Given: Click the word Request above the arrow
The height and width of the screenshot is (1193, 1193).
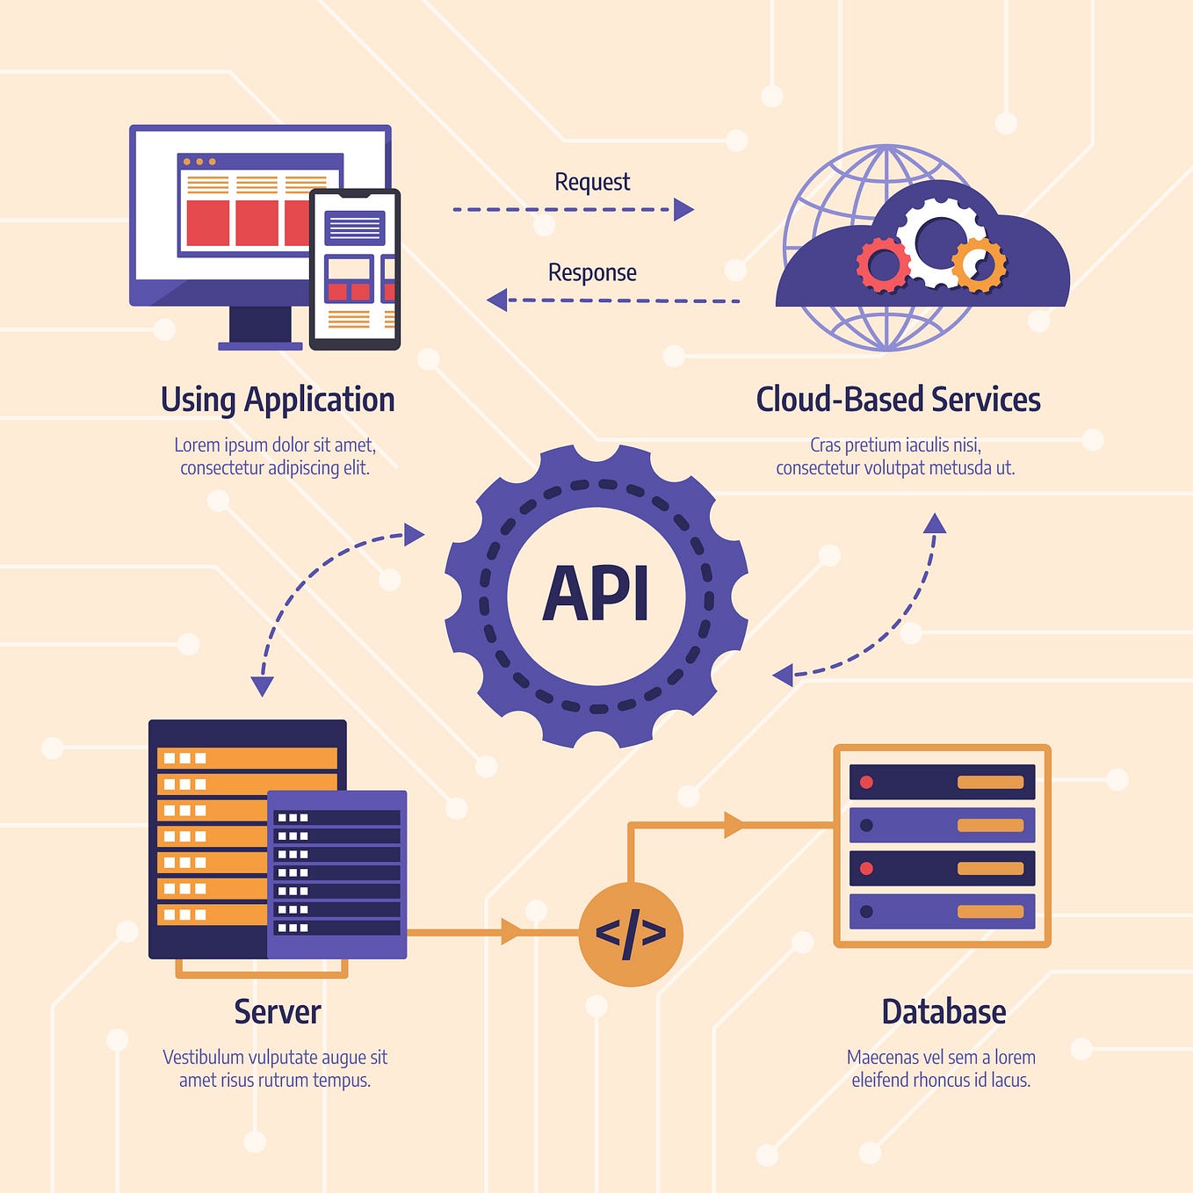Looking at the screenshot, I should pos(592,182).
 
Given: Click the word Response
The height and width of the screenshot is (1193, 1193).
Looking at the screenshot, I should pos(592,272).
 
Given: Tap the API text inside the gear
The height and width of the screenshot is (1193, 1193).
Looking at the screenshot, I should pos(596,595).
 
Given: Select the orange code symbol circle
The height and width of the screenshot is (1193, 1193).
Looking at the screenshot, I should pos(631,933).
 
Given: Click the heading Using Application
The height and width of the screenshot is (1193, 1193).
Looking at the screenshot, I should pos(278,400).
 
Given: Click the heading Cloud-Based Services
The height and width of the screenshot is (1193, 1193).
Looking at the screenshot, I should pos(898,400).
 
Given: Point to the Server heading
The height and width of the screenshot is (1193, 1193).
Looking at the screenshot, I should pos(278,1011).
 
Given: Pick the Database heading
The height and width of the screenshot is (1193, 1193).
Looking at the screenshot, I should pos(944,1011).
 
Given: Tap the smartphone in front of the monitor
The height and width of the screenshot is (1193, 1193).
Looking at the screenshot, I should pos(355,269).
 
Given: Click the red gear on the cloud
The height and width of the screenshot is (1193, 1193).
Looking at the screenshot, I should pos(883,264).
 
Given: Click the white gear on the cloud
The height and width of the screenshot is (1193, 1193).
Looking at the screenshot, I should pos(939,240).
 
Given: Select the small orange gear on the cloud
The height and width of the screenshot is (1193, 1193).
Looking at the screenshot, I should pos(979,264).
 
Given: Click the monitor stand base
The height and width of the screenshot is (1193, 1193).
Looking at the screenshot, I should pos(260,346).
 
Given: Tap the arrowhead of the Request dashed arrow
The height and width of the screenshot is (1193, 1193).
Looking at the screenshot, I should pos(683,209).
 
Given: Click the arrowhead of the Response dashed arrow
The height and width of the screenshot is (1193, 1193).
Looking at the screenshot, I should pos(498,300).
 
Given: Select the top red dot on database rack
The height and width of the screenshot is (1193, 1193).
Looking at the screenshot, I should pos(866,782).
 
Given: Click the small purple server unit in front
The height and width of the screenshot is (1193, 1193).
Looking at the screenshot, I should pos(336,874).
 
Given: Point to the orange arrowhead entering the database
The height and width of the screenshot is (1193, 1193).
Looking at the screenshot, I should pos(734,825).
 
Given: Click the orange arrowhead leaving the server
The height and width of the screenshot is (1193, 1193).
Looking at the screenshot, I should pos(510,931).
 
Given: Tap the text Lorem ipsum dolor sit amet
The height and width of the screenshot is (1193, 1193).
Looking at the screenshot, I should pos(275,445).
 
